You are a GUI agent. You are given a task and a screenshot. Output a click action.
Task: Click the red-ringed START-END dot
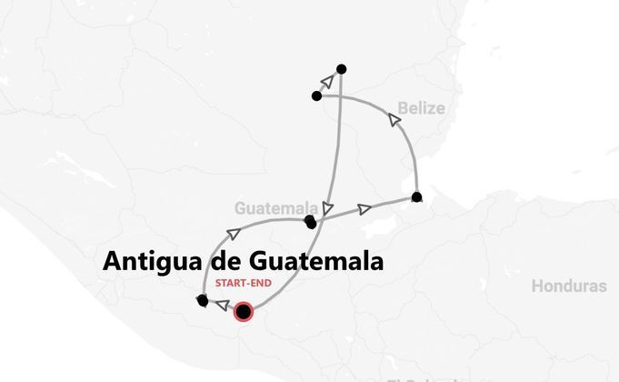pyautogui.click(x=243, y=313)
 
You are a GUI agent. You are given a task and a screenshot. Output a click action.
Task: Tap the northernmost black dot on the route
pyautogui.click(x=341, y=68)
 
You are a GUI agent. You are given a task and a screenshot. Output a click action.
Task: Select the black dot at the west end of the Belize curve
pyautogui.click(x=316, y=95)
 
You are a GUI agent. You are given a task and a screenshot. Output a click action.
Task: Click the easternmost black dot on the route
pyautogui.click(x=416, y=196)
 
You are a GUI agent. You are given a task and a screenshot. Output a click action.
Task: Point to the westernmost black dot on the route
pyautogui.click(x=202, y=300)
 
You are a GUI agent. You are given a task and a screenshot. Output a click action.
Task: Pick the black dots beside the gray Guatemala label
pyautogui.click(x=311, y=221)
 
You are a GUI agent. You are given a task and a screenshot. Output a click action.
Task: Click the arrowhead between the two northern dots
pyautogui.click(x=327, y=82)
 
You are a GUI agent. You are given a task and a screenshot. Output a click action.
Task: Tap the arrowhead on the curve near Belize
pyautogui.click(x=394, y=119)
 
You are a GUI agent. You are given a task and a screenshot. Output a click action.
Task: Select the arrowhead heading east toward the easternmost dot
pyautogui.click(x=364, y=209)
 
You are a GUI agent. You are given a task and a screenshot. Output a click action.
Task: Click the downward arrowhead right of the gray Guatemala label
pyautogui.click(x=328, y=208)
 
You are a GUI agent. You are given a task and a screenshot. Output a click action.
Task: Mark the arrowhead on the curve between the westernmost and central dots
pyautogui.click(x=247, y=225)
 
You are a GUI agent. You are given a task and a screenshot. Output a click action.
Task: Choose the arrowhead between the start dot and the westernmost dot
pyautogui.click(x=221, y=307)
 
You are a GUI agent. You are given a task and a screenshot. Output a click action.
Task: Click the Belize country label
pyautogui.click(x=420, y=109)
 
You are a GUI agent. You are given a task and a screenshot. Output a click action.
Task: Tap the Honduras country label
pyautogui.click(x=568, y=286)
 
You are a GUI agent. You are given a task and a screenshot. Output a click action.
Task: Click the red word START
pyautogui.click(x=230, y=283)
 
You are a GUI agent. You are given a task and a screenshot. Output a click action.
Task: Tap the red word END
pyautogui.click(x=261, y=283)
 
